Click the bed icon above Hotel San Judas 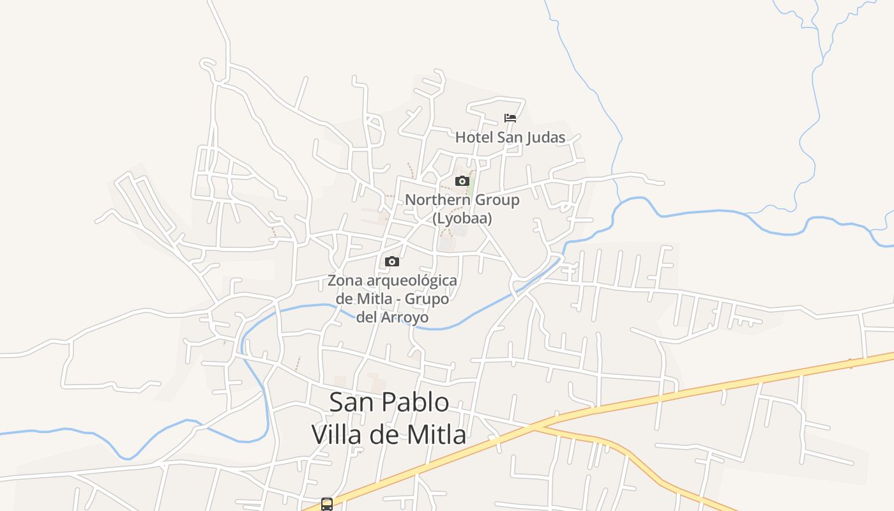[x=510, y=118]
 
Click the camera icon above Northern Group [x=462, y=181]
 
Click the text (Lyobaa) [x=462, y=218]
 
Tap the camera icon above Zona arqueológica [x=392, y=261]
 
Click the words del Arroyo [x=392, y=317]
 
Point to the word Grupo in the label [x=427, y=298]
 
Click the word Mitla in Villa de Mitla [x=436, y=435]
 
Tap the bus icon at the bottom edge [x=327, y=504]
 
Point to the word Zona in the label [x=345, y=280]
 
